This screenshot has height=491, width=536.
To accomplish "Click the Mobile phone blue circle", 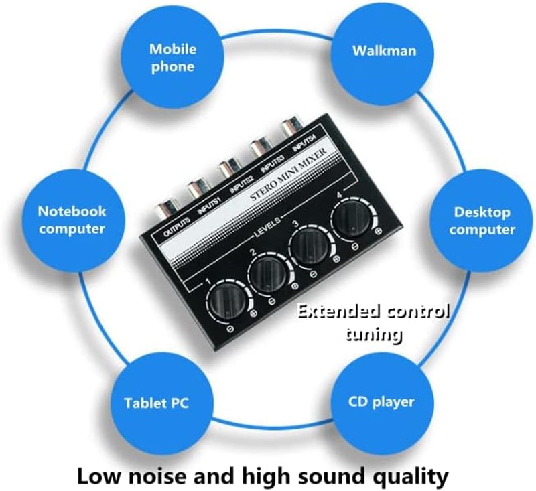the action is coord(173,58).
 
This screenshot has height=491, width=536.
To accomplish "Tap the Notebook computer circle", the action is coord(72,221).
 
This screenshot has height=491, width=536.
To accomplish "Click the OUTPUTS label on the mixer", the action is coord(177,226).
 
